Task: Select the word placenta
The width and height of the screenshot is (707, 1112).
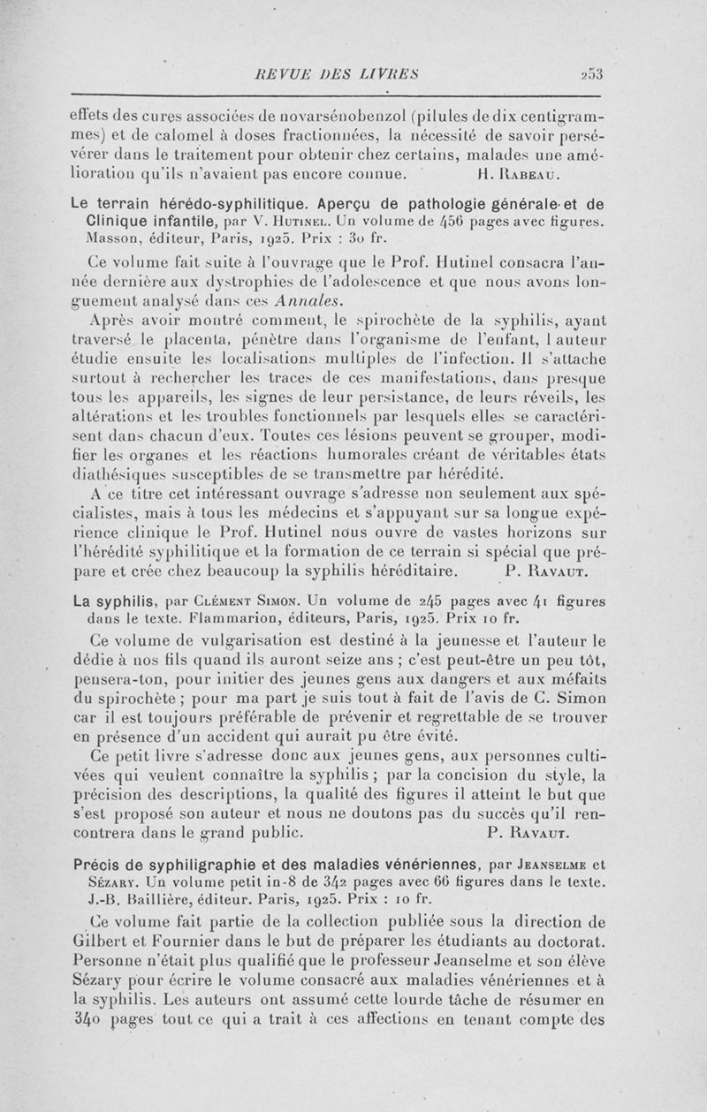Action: point(215,340)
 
